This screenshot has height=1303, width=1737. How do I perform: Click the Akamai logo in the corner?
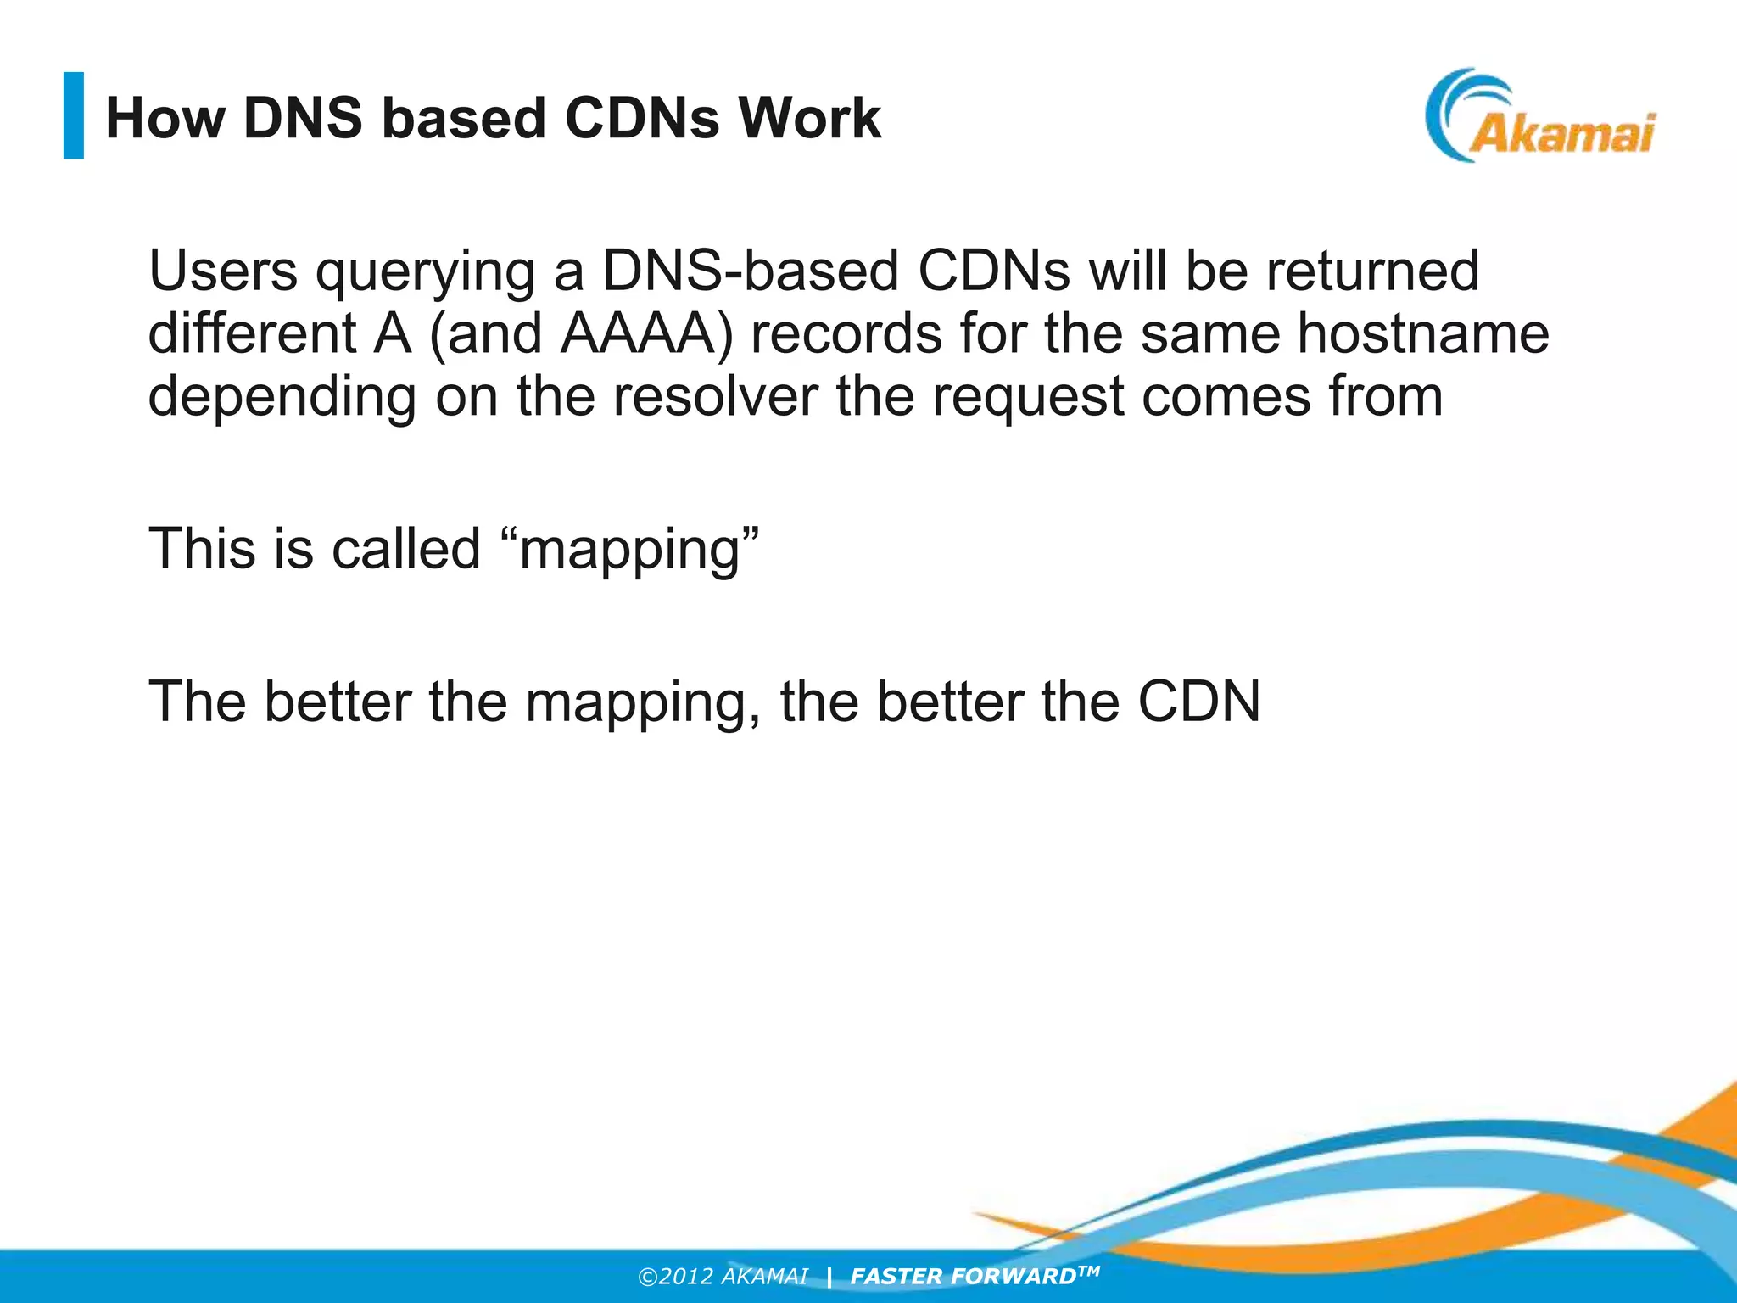click(x=1539, y=117)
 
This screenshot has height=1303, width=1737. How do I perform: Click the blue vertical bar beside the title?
click(x=74, y=115)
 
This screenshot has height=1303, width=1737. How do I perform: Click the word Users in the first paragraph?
click(x=223, y=271)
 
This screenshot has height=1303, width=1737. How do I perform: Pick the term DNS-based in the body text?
click(x=750, y=271)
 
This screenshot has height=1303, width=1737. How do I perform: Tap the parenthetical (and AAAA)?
click(x=581, y=334)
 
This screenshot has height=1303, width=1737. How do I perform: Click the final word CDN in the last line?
click(x=1198, y=702)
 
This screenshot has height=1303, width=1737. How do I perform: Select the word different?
click(x=252, y=333)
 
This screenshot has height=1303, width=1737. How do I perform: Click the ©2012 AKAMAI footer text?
click(x=723, y=1277)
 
